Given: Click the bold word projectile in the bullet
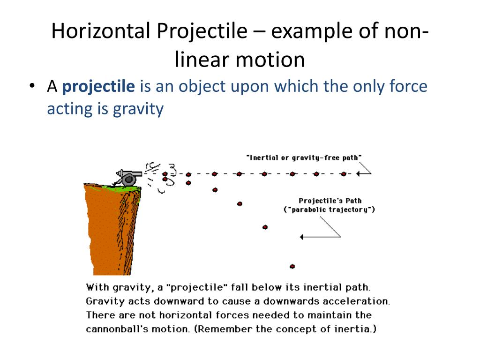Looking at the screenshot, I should [x=98, y=87].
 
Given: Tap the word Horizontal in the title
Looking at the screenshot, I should [x=101, y=32].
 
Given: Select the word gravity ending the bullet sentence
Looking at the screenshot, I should [x=138, y=109].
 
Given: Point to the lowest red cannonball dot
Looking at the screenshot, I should [x=292, y=266].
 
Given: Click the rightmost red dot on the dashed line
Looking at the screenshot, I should [x=344, y=174].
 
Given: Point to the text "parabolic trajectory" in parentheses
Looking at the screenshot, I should [x=330, y=210].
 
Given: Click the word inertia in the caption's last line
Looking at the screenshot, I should [x=356, y=329].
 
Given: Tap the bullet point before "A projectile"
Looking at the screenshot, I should [x=32, y=87].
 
